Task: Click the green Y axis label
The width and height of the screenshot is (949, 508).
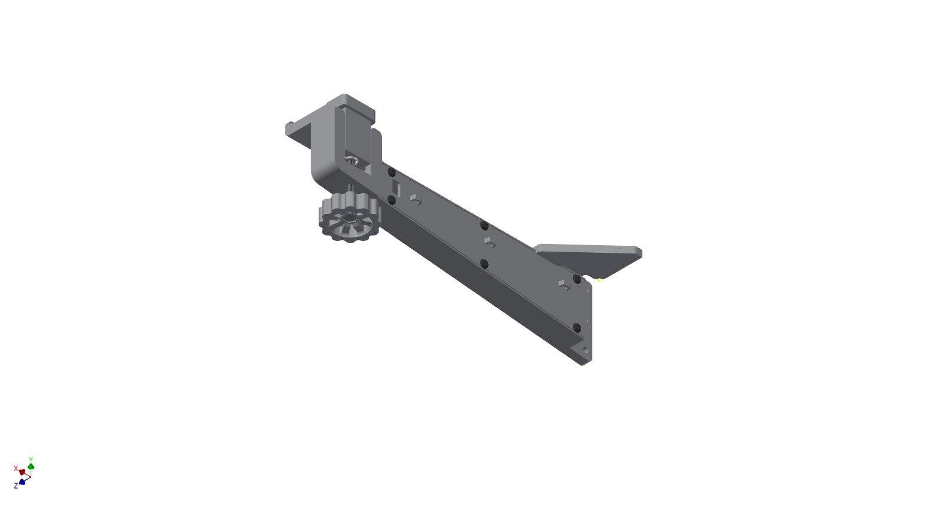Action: [x=31, y=459]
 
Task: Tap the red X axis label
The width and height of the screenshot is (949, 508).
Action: [x=16, y=468]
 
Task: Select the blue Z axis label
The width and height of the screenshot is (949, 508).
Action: [x=16, y=486]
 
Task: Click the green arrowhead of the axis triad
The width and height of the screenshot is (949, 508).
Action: [x=31, y=467]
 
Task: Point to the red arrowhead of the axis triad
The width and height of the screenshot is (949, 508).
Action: [x=22, y=472]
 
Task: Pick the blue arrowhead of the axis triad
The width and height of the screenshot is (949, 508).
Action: [x=22, y=481]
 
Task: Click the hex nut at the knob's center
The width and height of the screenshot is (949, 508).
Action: [x=350, y=219]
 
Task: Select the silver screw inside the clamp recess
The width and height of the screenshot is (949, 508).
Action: [x=351, y=160]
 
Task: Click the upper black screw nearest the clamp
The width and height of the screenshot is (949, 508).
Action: [x=392, y=173]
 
